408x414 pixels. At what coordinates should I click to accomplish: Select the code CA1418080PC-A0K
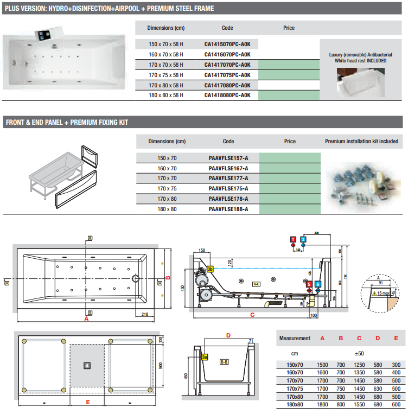tap(227, 95)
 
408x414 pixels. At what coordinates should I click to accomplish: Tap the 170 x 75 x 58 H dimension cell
tap(166, 75)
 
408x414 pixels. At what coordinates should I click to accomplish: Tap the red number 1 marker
tap(293, 239)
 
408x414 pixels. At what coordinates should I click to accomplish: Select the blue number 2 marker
tap(303, 239)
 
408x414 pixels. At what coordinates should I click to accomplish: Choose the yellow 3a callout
tap(205, 357)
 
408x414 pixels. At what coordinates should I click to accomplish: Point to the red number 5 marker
tap(309, 284)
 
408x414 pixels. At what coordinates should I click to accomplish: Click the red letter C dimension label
tap(252, 315)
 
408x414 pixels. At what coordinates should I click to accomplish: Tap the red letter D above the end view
tap(228, 335)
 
